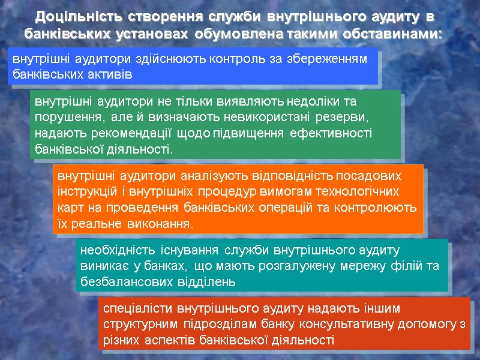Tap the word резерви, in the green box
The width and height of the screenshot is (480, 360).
340,117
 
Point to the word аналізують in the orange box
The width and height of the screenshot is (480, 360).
209,176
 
